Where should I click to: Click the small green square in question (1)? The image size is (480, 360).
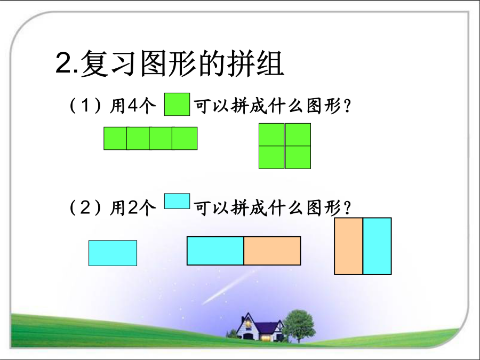(x=177, y=105)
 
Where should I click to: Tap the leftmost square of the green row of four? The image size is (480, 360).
(x=115, y=138)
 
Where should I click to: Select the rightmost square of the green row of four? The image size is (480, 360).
(x=185, y=138)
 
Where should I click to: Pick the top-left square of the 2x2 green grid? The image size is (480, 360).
(x=271, y=135)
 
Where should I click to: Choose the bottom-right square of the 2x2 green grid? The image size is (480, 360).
(x=298, y=157)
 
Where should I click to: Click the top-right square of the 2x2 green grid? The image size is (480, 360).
(x=298, y=135)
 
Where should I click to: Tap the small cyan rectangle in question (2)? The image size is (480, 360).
(x=177, y=201)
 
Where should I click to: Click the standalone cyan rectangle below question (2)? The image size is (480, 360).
(x=113, y=253)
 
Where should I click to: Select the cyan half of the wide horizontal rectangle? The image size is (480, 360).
(x=215, y=251)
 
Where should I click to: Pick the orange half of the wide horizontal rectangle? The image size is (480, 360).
(x=272, y=251)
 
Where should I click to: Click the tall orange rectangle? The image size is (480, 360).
(x=348, y=246)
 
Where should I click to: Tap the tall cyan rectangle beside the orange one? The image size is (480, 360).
(x=377, y=246)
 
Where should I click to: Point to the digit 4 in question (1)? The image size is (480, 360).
(x=133, y=106)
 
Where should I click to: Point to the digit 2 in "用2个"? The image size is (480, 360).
(x=133, y=207)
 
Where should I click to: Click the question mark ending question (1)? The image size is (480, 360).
(x=347, y=106)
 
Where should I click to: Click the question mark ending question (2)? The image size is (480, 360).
(x=347, y=208)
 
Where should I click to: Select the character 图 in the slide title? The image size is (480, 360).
(x=154, y=63)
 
